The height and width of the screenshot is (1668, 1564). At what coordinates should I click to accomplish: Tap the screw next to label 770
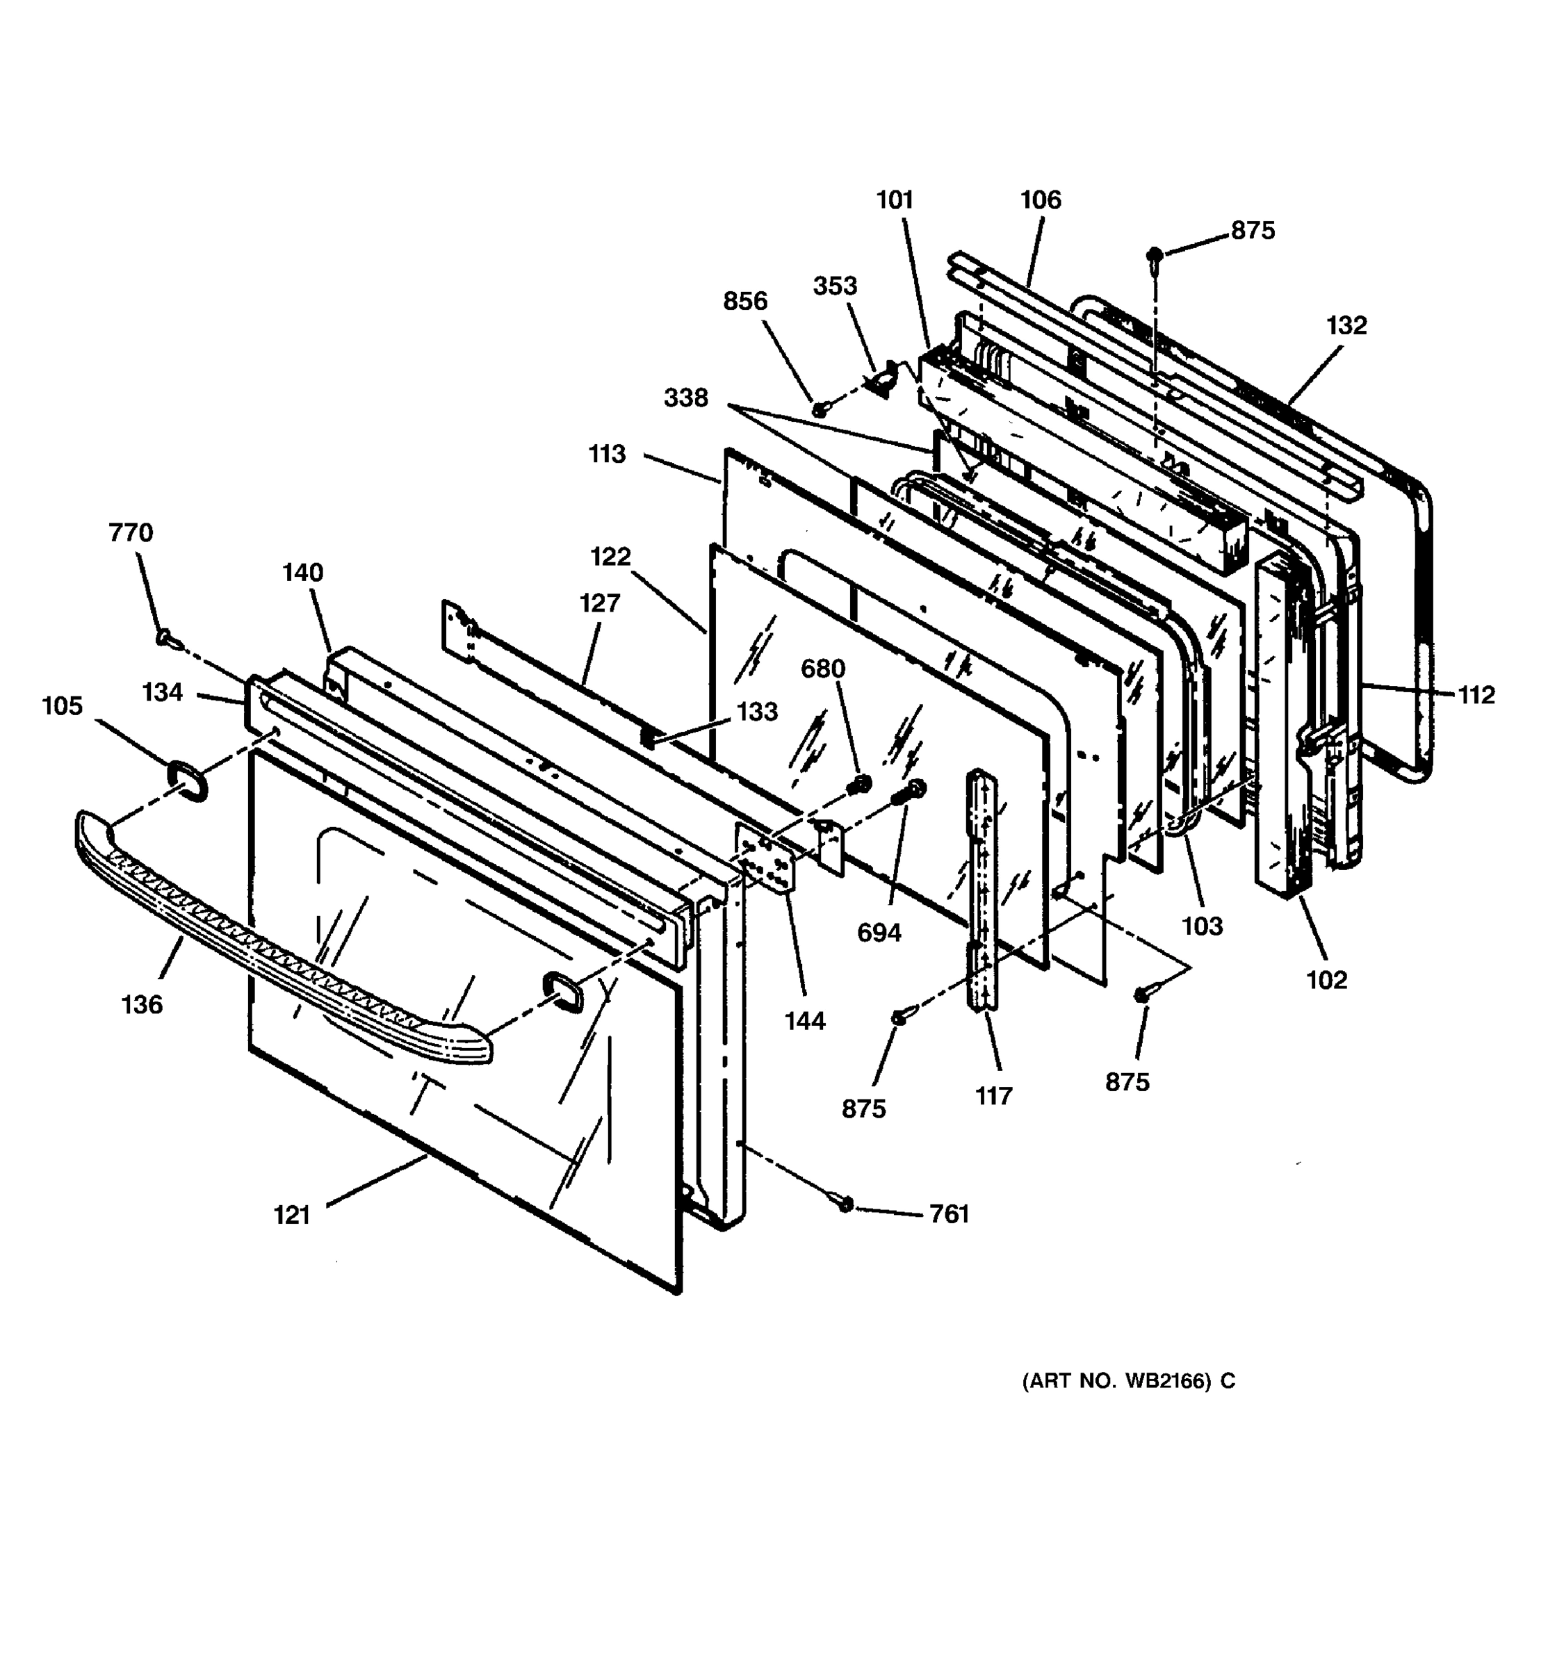point(165,640)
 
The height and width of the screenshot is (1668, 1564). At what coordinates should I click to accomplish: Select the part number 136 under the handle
point(142,1004)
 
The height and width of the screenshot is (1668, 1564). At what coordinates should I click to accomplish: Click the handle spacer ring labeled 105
point(186,781)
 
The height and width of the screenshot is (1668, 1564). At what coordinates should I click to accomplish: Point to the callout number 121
point(292,1214)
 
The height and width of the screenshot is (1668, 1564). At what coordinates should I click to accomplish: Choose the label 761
point(949,1214)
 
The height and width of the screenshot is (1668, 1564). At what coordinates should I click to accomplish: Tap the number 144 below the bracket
point(805,1020)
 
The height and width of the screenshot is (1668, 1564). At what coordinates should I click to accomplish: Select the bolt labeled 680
point(859,785)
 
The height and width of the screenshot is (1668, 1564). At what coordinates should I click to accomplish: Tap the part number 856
point(745,300)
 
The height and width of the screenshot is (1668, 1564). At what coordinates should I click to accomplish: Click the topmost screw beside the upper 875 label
point(1155,254)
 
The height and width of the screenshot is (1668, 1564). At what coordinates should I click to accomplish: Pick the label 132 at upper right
point(1346,325)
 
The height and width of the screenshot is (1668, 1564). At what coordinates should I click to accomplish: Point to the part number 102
point(1326,979)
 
